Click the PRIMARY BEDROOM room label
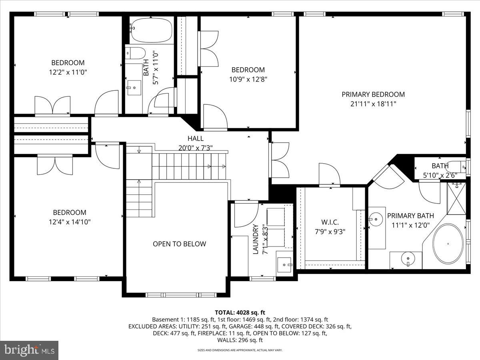pos(373,94)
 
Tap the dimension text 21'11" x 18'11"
pos(373,104)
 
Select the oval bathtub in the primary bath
pos(448,243)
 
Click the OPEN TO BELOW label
pos(179,244)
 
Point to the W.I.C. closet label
pos(330,222)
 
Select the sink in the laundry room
pos(285,264)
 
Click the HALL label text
pos(196,138)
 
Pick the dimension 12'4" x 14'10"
pos(70,222)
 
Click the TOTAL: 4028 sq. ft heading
pos(240,312)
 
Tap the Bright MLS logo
pos(29,350)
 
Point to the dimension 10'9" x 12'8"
pos(248,79)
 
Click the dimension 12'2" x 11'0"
pos(68,72)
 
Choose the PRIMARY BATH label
pos(410,216)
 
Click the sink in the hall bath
pos(134,88)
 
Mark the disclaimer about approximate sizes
pos(240,350)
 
